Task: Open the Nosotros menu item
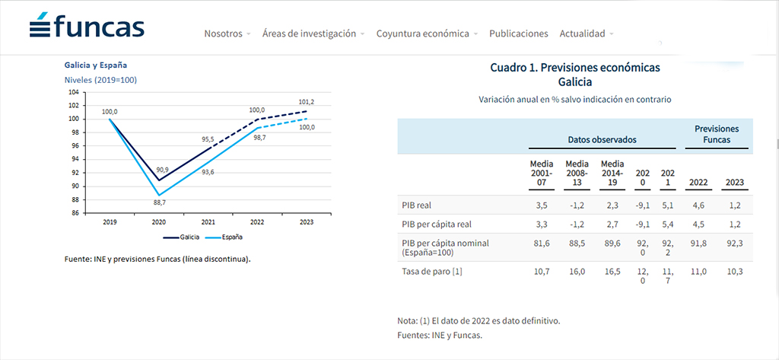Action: tap(223, 33)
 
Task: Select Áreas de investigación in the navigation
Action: tap(309, 33)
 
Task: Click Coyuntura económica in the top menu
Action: tap(423, 33)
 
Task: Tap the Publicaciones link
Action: tap(519, 33)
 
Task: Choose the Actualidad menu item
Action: tap(582, 33)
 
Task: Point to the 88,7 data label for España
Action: tap(158, 202)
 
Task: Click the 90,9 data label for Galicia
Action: tap(163, 170)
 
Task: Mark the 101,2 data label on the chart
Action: tap(306, 102)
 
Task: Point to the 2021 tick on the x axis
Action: tap(207, 221)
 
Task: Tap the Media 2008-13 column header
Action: tap(577, 173)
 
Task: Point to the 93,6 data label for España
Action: tap(208, 172)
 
